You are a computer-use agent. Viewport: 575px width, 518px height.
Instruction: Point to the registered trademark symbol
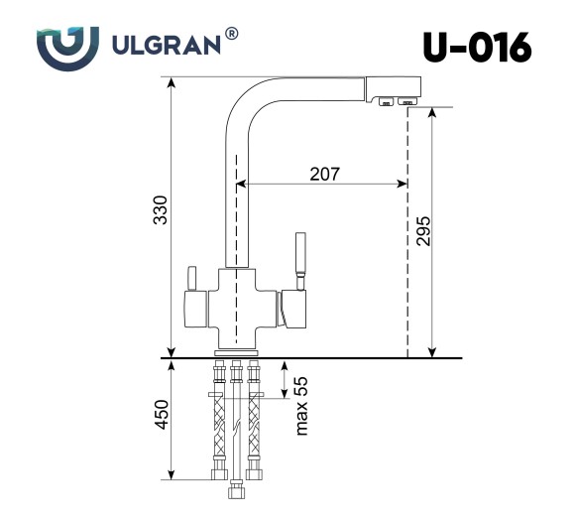click(231, 35)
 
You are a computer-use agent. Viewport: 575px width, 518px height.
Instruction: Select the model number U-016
click(477, 46)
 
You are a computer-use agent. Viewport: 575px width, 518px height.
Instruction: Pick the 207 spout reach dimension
click(324, 174)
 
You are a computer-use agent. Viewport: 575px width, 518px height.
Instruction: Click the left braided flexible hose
click(217, 429)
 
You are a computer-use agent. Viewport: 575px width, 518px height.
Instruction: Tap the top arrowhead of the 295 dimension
click(432, 114)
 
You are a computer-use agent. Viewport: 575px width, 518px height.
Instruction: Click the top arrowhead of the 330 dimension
click(172, 83)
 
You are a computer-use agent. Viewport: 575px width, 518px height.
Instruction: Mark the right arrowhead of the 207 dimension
click(401, 184)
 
